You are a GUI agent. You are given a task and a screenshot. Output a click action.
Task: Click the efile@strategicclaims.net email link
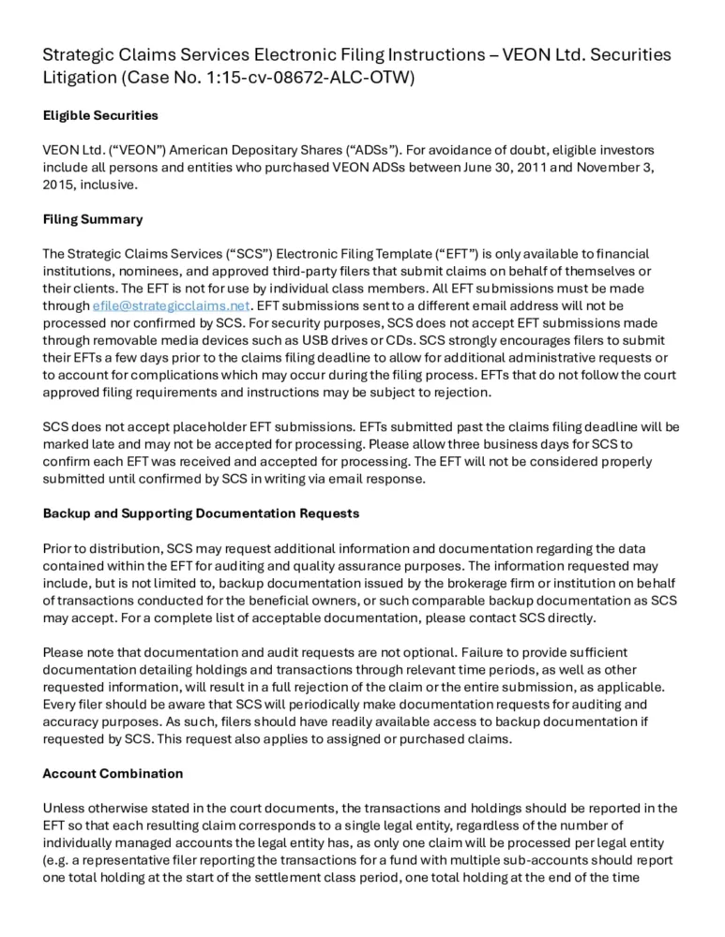(x=171, y=305)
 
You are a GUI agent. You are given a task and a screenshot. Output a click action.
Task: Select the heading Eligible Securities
(x=100, y=116)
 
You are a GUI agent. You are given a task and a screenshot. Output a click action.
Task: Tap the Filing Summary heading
(x=93, y=219)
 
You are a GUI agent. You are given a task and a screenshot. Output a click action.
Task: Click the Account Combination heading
(x=113, y=773)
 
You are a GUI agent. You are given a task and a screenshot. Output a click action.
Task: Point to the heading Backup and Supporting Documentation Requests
(x=201, y=513)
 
